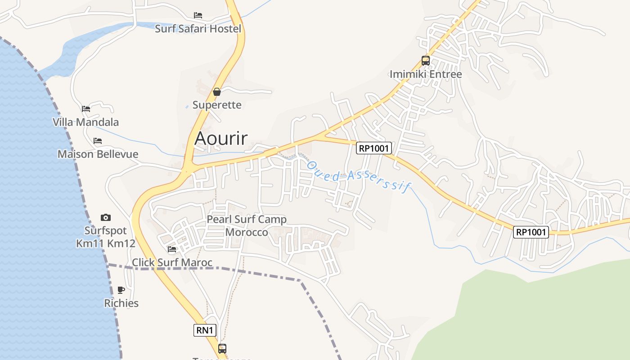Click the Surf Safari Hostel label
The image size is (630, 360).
click(198, 29)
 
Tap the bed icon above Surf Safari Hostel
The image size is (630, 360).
click(198, 15)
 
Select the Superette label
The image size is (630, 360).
click(217, 105)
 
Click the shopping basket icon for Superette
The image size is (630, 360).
click(217, 92)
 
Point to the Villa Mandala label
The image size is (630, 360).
click(85, 122)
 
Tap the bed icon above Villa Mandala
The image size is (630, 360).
click(86, 108)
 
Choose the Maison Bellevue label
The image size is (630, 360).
click(98, 154)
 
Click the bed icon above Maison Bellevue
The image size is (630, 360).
click(98, 141)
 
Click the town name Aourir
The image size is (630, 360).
click(221, 138)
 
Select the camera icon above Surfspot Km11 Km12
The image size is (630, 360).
click(106, 218)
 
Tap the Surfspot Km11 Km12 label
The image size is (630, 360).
click(106, 237)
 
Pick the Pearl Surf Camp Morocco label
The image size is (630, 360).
click(247, 225)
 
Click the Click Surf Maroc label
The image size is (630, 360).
click(172, 262)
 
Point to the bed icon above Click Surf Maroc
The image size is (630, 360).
click(172, 249)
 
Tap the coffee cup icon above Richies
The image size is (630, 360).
click(121, 290)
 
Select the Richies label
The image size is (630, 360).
click(121, 303)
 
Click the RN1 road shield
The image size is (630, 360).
click(205, 330)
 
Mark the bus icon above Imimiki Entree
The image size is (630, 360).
click(426, 61)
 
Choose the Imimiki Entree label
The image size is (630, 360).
click(426, 74)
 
